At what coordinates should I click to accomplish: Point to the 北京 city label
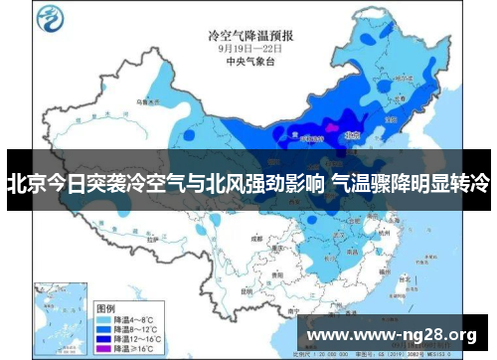coord(351,130)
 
